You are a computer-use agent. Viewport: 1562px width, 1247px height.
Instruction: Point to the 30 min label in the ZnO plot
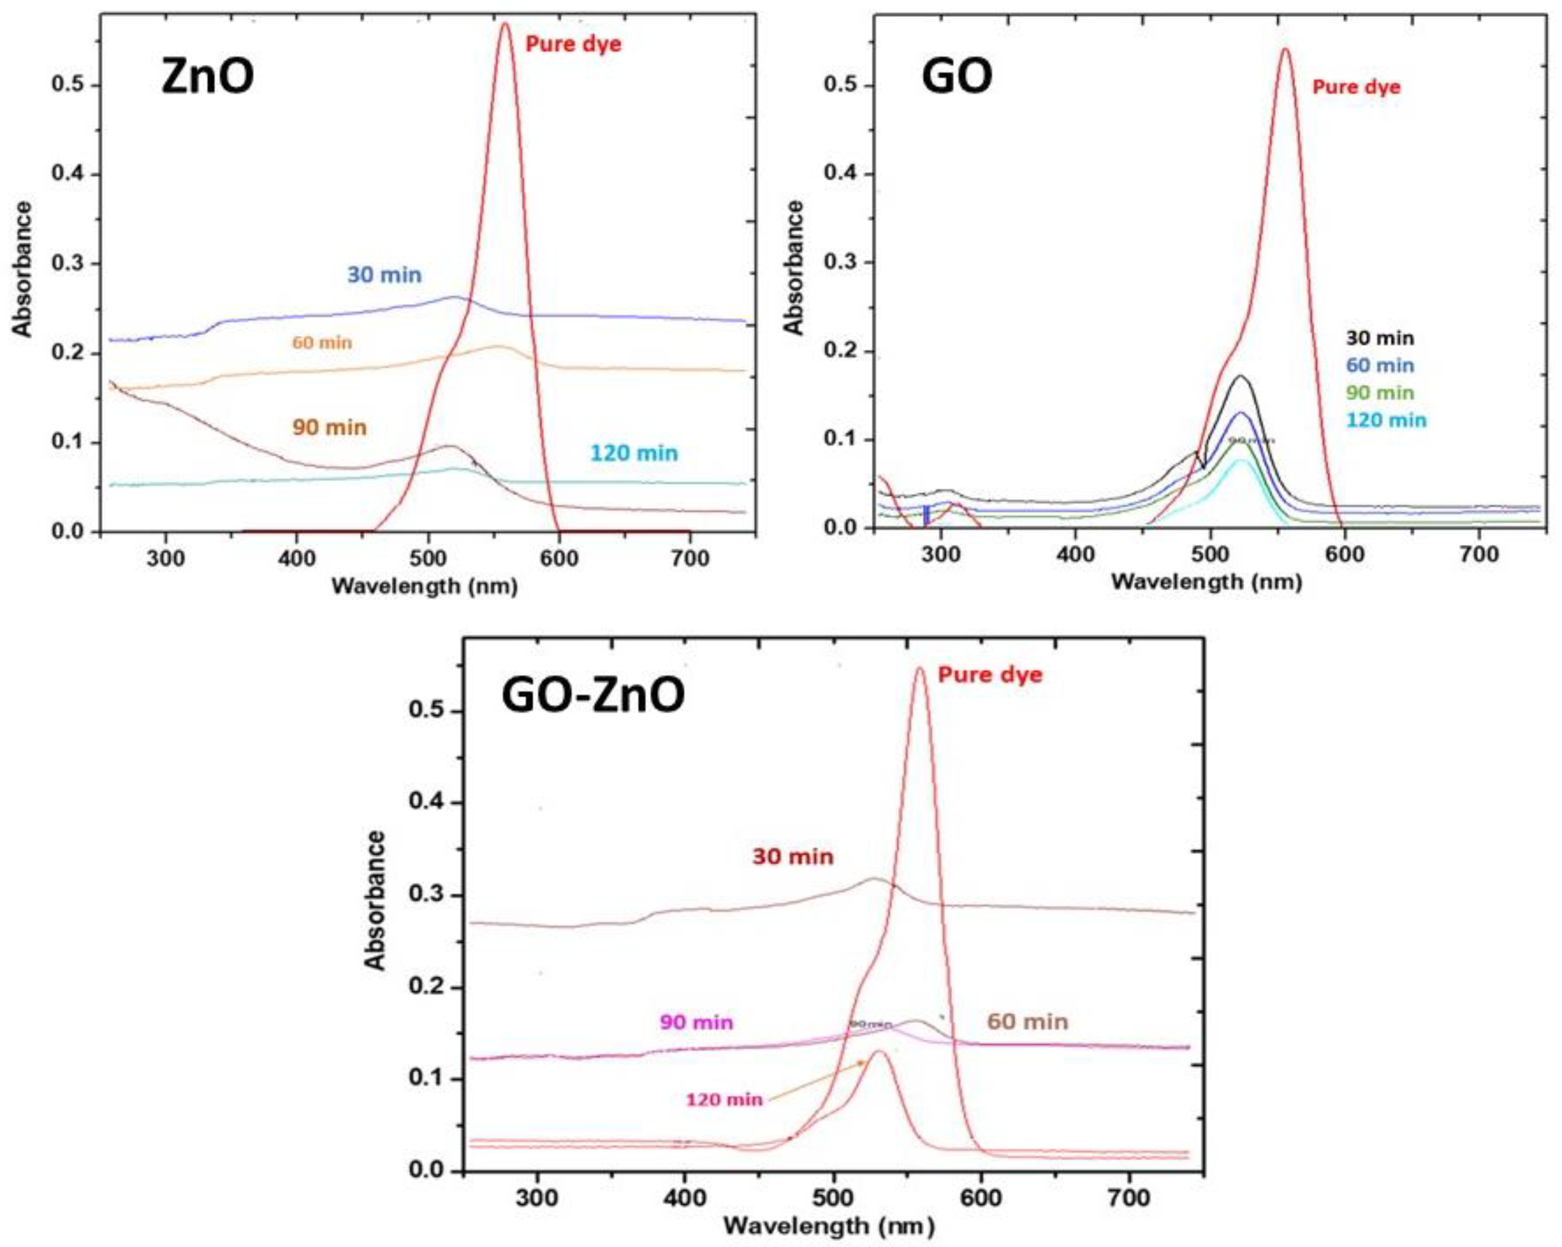[x=384, y=275]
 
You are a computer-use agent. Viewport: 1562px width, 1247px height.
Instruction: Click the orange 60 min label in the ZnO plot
[x=322, y=342]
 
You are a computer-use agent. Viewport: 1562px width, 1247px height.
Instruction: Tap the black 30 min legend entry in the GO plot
[x=1379, y=338]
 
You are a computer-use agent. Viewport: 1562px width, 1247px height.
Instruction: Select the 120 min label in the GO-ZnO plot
[x=724, y=1099]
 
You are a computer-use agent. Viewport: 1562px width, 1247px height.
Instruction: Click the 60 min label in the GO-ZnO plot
[x=1027, y=1022]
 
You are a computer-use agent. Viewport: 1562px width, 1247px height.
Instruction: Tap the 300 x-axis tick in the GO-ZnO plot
[x=537, y=1197]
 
